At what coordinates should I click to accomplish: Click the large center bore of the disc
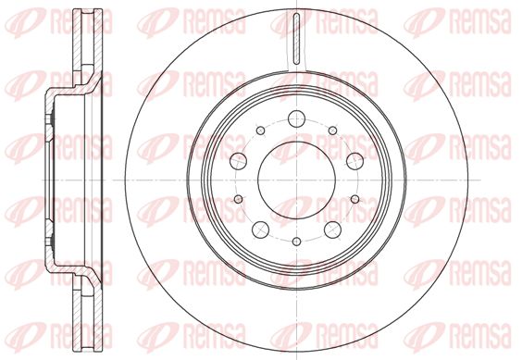[x=296, y=180]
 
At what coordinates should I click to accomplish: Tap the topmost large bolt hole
[x=296, y=118]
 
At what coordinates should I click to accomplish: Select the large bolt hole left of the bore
[x=239, y=161]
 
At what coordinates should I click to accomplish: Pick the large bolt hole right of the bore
[x=354, y=161]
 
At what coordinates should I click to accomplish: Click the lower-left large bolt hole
[x=261, y=230]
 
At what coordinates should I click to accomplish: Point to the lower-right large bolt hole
[x=332, y=230]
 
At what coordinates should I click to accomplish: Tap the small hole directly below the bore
[x=296, y=242]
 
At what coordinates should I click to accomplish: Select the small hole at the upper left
[x=261, y=130]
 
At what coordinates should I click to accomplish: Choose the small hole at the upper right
[x=332, y=130]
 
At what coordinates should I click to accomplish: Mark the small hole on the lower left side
[x=239, y=199]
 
